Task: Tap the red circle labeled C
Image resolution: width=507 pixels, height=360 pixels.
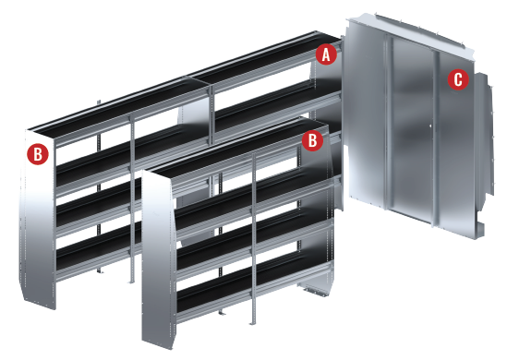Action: tap(458, 79)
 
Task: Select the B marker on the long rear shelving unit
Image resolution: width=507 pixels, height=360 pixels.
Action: tap(38, 154)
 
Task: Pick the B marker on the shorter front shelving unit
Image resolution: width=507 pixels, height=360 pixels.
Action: tap(312, 140)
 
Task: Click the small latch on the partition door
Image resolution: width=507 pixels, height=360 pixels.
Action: tap(430, 126)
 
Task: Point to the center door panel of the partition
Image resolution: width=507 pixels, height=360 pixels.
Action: tap(412, 129)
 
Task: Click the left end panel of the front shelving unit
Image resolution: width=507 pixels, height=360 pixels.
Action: tap(159, 258)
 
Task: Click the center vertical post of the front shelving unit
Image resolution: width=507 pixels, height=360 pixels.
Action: tap(253, 239)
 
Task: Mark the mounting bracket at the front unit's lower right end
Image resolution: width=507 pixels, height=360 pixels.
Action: tap(314, 290)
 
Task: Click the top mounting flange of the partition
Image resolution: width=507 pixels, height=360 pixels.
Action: tap(411, 30)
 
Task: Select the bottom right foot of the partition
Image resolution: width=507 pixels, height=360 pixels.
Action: tap(479, 230)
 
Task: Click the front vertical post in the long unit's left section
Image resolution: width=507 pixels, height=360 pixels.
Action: tap(132, 198)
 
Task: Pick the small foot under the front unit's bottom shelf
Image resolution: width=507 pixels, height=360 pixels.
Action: tap(222, 312)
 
